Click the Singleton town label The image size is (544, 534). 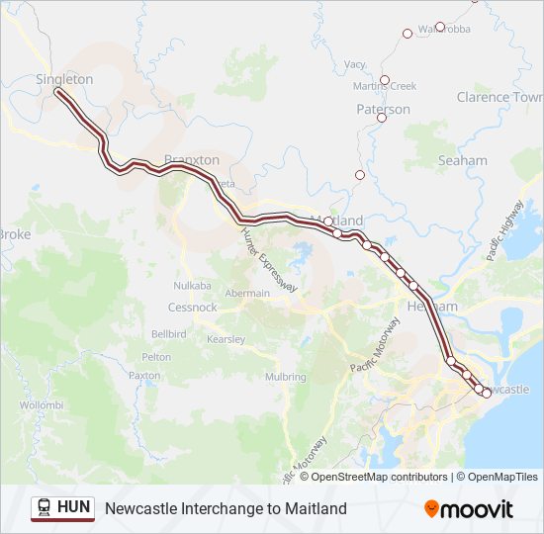[x=64, y=79]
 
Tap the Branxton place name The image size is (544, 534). [x=192, y=159]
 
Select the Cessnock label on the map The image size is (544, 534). [x=192, y=308]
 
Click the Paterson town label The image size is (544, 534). [x=383, y=110]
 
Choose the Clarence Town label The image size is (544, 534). [x=499, y=97]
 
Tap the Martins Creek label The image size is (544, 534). [x=385, y=87]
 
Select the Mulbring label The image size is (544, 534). [x=285, y=377]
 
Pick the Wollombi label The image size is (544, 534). [x=42, y=405]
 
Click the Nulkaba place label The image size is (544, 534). [x=192, y=286]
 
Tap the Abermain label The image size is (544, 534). [x=246, y=294]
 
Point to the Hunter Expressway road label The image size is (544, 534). [x=269, y=259]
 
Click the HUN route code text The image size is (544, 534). [x=74, y=507]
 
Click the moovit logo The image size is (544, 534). [x=469, y=509]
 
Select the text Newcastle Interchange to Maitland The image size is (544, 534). [x=226, y=508]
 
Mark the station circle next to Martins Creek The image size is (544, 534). [x=385, y=79]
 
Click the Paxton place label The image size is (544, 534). [x=144, y=376]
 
